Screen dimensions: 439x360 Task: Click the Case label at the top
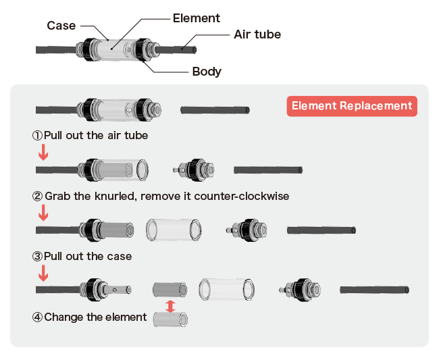61,26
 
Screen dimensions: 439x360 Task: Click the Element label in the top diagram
197,18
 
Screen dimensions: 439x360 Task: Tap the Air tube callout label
257,34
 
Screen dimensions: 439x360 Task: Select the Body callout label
207,72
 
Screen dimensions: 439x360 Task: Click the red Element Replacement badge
352,106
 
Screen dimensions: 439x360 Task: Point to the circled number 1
38,136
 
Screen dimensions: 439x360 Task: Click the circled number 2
38,197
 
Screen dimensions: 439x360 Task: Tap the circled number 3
38,257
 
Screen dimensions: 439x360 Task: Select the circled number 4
38,317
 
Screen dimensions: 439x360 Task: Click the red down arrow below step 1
43,152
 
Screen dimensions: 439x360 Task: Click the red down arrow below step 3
43,274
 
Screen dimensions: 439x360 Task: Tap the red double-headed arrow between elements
170,306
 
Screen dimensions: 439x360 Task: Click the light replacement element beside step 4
170,319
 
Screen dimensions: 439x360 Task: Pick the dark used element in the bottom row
170,290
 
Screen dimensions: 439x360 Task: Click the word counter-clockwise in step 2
241,197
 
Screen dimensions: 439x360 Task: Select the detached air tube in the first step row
215,110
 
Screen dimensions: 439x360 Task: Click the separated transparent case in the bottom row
226,290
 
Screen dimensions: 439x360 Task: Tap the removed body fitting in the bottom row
300,290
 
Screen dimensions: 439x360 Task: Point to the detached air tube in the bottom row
374,290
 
